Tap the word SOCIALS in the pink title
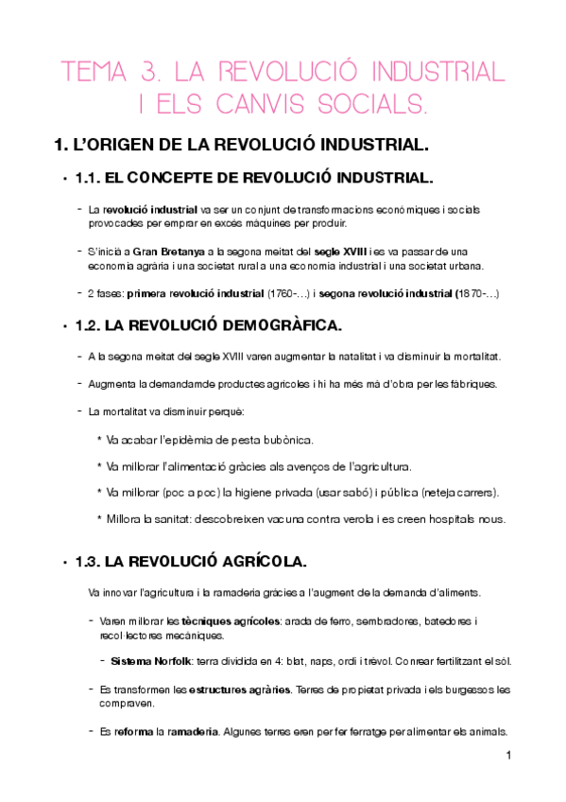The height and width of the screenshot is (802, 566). [377, 105]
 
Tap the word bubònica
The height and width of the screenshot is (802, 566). [284, 441]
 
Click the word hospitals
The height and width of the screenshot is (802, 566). [436, 518]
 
